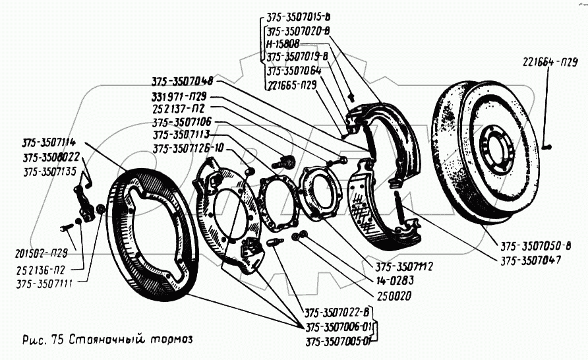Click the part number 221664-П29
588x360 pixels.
pos(550,62)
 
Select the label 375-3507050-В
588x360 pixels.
pos(535,246)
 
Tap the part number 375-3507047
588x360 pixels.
pos(531,260)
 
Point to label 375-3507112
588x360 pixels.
pos(404,266)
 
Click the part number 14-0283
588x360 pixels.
pos(394,280)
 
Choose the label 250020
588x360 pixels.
pos(393,296)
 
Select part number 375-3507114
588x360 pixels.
pos(49,142)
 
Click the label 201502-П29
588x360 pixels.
pos(42,253)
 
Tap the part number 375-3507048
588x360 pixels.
pos(182,81)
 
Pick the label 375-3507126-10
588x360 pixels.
pos(188,149)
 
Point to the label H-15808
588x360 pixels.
pos(283,44)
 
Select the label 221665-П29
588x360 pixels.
pos(292,85)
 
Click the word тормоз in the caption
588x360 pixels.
pos(172,340)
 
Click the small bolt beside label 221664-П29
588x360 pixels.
pos(548,148)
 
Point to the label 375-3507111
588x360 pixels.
pos(44,284)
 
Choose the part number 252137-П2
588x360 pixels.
pos(178,109)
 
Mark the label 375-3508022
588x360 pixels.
pos(51,157)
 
